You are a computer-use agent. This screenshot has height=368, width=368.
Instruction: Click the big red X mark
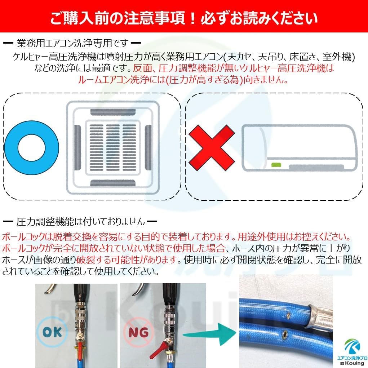click(212, 148)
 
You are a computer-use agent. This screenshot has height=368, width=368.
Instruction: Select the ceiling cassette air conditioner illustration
click(113, 148)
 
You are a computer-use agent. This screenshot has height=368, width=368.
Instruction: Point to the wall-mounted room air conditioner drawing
click(300, 148)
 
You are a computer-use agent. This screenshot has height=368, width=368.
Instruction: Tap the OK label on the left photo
click(52, 332)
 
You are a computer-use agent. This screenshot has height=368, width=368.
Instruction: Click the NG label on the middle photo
click(138, 332)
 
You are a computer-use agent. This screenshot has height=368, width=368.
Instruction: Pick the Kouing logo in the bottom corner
click(352, 352)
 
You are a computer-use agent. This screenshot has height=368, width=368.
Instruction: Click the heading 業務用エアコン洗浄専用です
click(72, 43)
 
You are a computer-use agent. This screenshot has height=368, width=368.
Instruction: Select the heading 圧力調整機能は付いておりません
click(80, 221)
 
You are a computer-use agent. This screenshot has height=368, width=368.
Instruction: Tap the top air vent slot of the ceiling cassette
click(113, 112)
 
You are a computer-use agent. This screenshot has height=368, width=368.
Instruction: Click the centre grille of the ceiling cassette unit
click(113, 148)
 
